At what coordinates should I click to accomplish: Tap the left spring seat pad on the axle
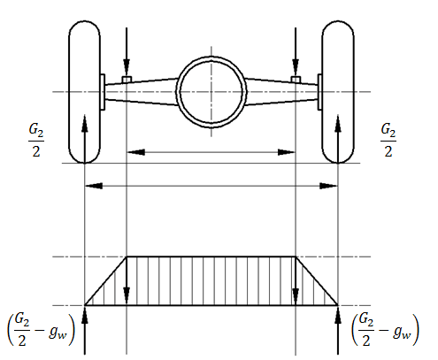127,80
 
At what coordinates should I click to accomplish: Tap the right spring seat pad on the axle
296,80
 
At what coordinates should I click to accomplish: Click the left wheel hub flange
103,92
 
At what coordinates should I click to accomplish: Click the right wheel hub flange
319,92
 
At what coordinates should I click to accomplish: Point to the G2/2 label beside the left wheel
36,140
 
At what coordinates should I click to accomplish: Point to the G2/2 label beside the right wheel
388,140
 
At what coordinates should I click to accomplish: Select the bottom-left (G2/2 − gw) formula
41,329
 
